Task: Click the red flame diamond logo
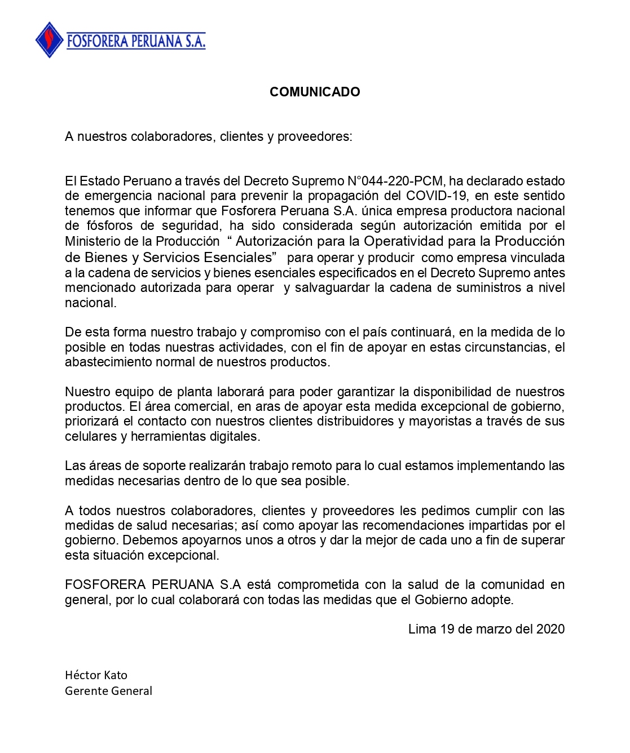50,40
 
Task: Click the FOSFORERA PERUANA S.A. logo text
136,41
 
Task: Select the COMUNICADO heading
315,92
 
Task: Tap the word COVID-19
437,196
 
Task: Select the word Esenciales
240,258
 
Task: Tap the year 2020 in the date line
550,629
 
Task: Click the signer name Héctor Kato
96,675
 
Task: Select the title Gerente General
108,691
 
